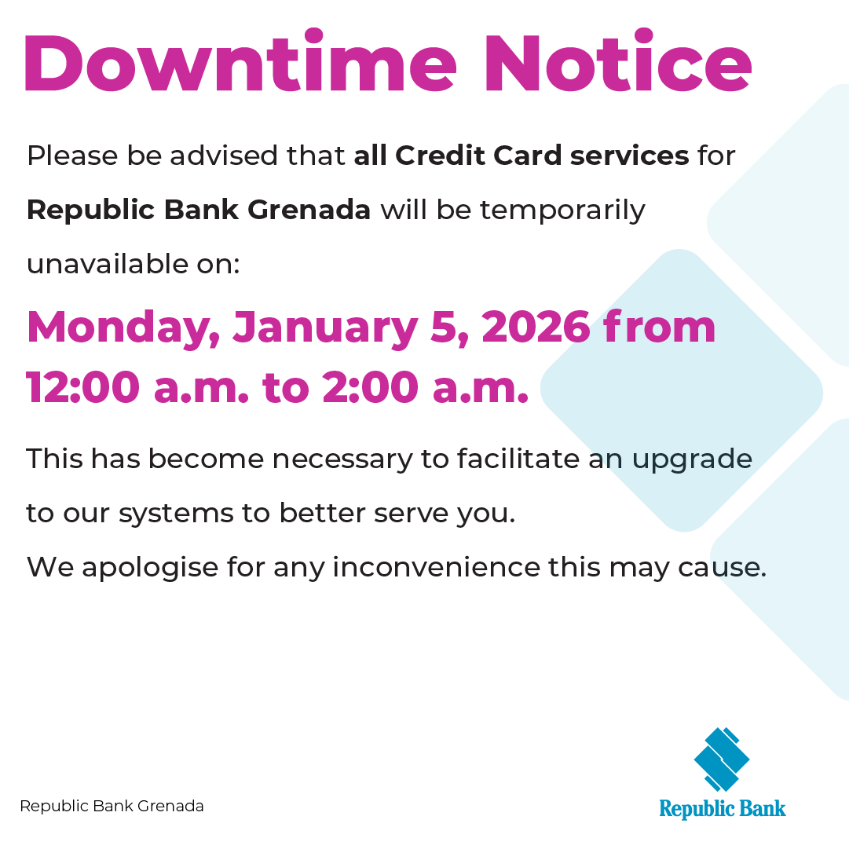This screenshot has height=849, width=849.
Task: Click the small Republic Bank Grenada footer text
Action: click(112, 806)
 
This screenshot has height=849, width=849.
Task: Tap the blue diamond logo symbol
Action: click(722, 759)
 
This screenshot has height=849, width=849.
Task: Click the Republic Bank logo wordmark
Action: click(722, 808)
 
